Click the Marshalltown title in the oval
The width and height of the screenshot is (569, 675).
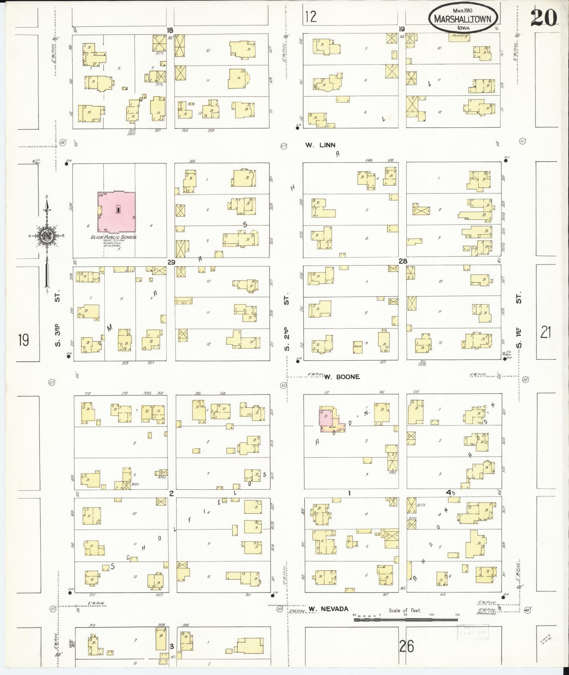tap(462, 19)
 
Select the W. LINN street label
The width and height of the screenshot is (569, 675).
tap(320, 145)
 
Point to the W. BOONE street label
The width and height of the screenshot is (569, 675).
tap(342, 377)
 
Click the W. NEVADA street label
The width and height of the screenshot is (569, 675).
tap(328, 609)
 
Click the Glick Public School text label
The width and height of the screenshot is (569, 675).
tap(113, 237)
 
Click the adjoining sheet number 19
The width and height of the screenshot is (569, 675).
tap(24, 340)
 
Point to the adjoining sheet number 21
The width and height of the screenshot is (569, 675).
tap(545, 332)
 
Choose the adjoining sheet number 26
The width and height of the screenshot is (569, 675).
tap(406, 647)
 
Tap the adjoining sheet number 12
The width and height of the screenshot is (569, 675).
tap(311, 17)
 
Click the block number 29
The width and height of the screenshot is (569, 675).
tap(171, 262)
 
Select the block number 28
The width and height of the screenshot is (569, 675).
tap(402, 261)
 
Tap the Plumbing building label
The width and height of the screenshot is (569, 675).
tap(459, 36)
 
